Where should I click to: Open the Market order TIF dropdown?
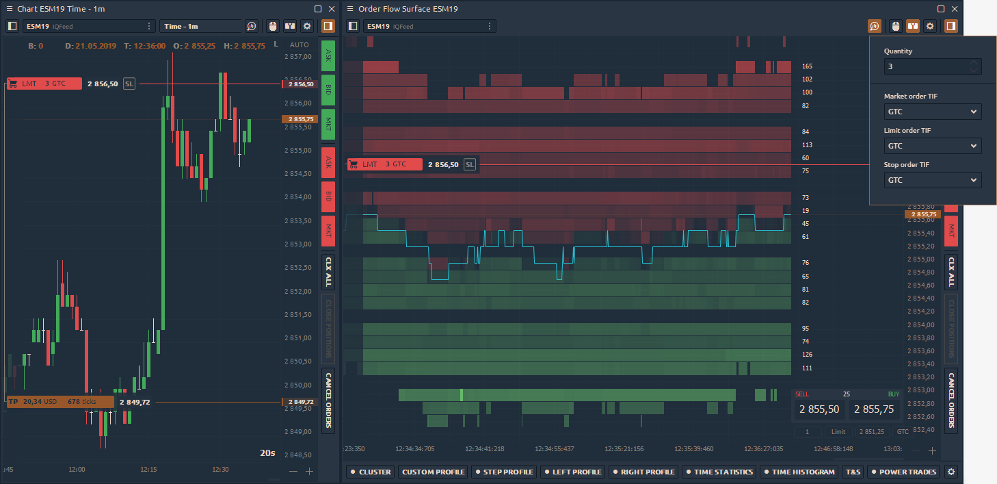pos(932,112)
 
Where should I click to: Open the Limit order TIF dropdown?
pos(932,146)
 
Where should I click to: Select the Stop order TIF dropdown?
pos(932,180)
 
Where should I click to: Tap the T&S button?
pos(853,472)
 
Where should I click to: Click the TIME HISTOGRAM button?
pos(798,472)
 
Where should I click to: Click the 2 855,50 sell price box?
pos(819,409)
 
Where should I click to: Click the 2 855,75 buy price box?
pos(875,409)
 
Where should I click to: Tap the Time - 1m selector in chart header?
pos(201,26)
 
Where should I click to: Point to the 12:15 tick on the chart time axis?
pos(148,470)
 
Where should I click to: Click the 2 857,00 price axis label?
pos(297,57)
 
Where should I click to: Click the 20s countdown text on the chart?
pos(267,453)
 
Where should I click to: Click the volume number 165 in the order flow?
pos(807,66)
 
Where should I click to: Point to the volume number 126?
pos(807,355)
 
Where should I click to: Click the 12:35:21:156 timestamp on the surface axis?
pos(624,449)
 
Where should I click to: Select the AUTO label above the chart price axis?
pos(300,44)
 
